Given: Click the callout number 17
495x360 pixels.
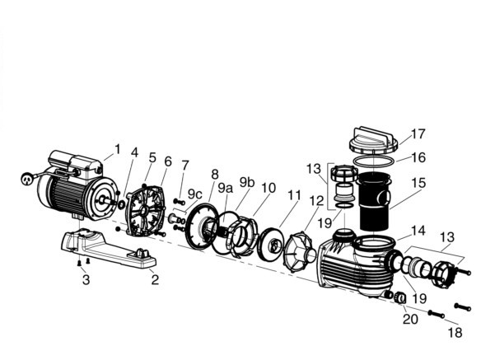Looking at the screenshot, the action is point(418,134).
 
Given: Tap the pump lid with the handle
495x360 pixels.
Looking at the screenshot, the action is point(373,141).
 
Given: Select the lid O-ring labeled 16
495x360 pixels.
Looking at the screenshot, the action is point(374,161).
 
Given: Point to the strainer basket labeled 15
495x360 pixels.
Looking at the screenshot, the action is point(374,201).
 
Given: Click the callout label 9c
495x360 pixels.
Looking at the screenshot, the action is point(194,194).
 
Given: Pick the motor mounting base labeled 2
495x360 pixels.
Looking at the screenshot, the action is point(108,249).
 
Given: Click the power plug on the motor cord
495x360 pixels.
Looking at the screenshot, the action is point(26,179).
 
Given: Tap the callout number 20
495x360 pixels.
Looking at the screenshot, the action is point(410,320).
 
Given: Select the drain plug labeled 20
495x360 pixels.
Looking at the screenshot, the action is point(400,297).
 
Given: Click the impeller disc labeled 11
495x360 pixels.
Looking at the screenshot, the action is point(271,244).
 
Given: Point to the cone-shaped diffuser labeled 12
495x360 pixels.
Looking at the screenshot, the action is point(300,252).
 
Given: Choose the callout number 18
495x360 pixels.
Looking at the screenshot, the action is point(455,333).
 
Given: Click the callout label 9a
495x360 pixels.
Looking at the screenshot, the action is point(225,189).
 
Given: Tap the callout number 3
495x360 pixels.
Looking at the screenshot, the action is point(86,279).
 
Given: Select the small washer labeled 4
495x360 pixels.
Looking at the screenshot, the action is point(121,205).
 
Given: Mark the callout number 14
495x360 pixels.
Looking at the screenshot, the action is point(418,231).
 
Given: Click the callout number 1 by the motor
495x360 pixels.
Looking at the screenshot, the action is point(118,149).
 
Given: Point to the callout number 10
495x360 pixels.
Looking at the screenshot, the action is point(269,188).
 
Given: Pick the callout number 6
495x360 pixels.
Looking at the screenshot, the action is point(168,161).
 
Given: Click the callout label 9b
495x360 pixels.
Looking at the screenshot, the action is point(247,182).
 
